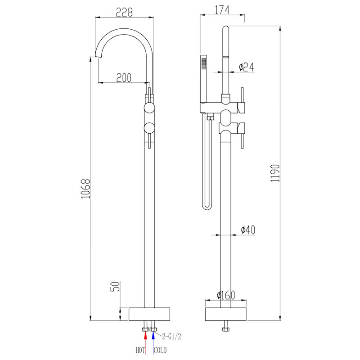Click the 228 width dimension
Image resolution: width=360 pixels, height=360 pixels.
(124, 13)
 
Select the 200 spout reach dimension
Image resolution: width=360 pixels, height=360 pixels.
(124, 77)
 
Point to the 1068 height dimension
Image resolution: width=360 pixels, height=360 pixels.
(85, 189)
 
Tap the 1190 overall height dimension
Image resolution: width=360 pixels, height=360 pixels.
(275, 173)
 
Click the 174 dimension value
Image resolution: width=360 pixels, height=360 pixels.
(222, 10)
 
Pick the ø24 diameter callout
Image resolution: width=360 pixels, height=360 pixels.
(246, 67)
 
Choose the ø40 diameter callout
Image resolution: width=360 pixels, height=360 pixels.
(248, 229)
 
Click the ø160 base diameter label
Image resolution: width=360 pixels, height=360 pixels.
(226, 295)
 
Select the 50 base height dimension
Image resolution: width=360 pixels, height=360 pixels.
(115, 287)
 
